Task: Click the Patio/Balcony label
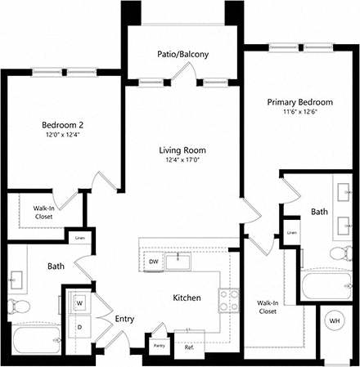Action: pos(183,55)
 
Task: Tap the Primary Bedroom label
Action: pos(300,102)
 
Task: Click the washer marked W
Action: pos(79,302)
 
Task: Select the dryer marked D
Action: pos(79,326)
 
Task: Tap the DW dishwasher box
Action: pos(153,262)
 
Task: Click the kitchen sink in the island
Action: pos(178,262)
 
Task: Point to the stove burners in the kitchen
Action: pos(227,299)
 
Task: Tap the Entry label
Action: pos(124,319)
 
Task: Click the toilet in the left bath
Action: pos(19,307)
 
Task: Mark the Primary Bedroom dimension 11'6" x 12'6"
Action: pos(300,114)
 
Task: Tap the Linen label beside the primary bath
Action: pos(291,233)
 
